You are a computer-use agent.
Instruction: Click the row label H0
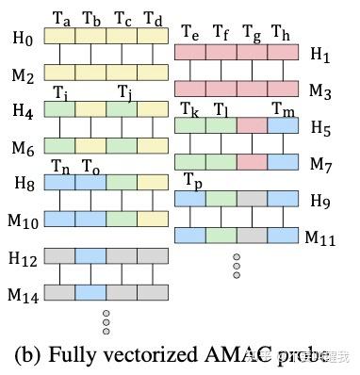(x=20, y=41)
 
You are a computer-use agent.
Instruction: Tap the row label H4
(x=20, y=111)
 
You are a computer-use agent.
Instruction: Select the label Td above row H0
(x=153, y=19)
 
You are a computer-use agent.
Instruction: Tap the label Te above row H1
(x=189, y=33)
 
